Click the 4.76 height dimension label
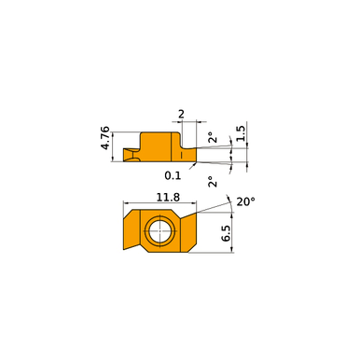[x=105, y=138]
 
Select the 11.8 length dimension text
[x=168, y=197]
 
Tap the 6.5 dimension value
[x=226, y=233]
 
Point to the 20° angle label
[x=245, y=201]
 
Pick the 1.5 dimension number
[x=241, y=133]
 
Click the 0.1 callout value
[x=173, y=175]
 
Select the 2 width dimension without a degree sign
[x=181, y=114]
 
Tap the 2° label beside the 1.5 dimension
[x=213, y=137]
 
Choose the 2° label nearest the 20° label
[x=213, y=182]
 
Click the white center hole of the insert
[x=160, y=231]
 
